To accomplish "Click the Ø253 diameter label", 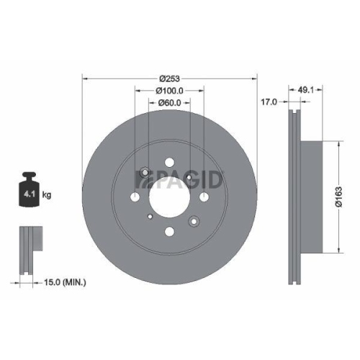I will point(169,78).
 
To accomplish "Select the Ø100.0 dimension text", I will point(170,91).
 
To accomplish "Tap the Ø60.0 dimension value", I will point(170,103).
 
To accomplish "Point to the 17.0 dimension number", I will point(269,103).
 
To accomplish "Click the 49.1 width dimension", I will point(305,90).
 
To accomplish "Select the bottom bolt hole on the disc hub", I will point(169,231).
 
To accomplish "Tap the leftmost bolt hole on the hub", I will point(135,197).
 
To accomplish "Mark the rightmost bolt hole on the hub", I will point(204,197).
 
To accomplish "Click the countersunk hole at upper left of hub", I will point(145,173).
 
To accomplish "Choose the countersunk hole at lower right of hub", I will point(194,220).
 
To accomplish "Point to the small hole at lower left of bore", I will point(149,216).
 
